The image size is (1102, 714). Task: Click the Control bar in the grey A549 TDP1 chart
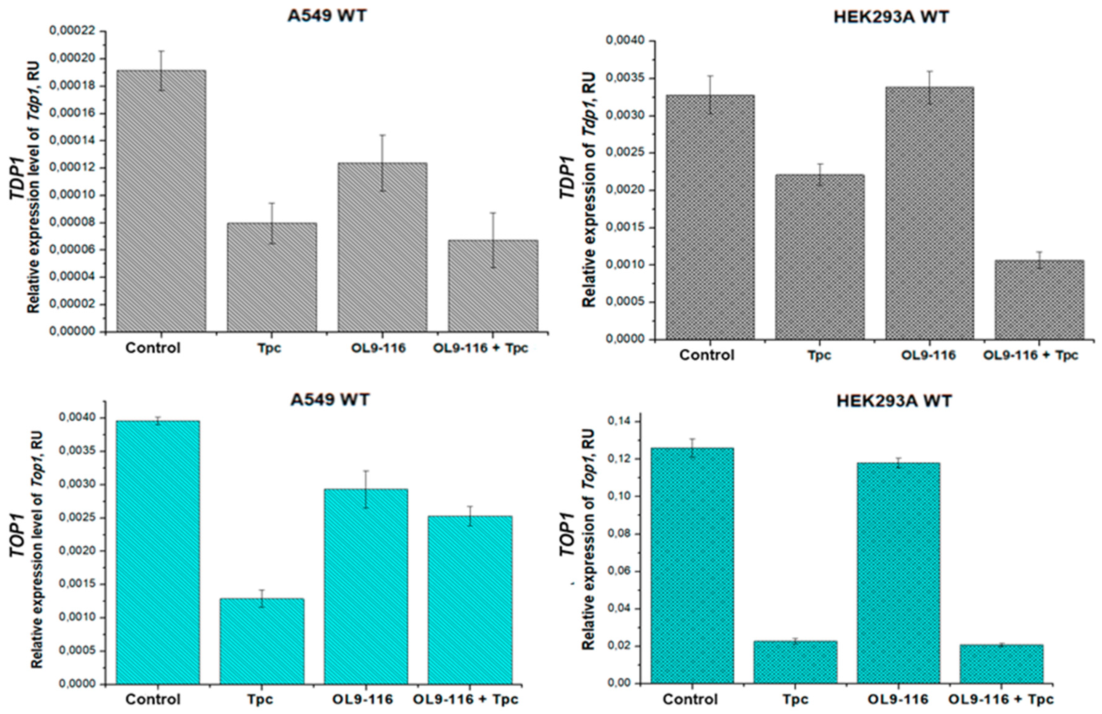click(x=161, y=202)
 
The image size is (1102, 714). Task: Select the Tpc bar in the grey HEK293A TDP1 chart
click(x=820, y=257)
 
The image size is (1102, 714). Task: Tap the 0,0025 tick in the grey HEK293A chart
click(x=626, y=153)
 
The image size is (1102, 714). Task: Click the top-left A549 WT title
click(x=327, y=15)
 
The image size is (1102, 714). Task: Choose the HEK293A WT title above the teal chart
click(x=894, y=401)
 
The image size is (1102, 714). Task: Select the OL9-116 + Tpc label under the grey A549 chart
click(x=481, y=348)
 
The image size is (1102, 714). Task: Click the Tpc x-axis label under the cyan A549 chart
click(x=260, y=699)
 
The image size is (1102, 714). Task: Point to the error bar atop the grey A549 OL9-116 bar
click(x=382, y=162)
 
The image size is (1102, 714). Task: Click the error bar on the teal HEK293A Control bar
click(x=692, y=447)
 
